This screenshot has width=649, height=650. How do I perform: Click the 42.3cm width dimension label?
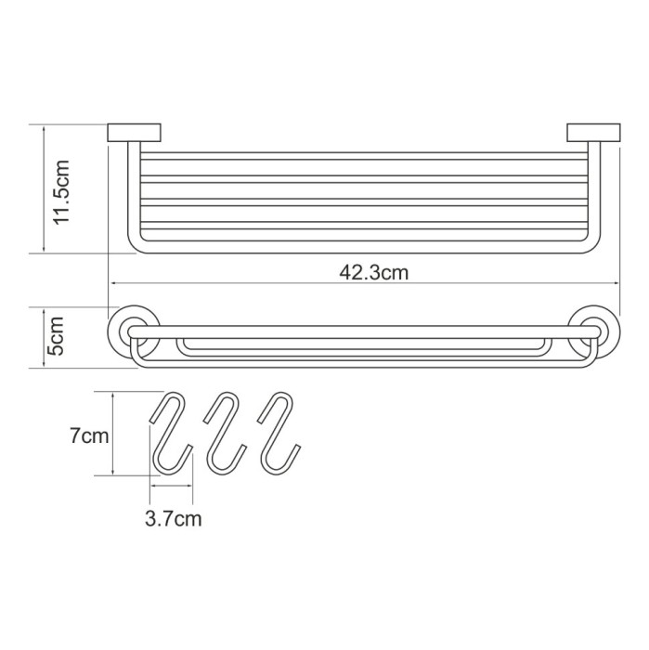click(374, 272)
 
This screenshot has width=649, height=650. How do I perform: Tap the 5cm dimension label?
click(57, 336)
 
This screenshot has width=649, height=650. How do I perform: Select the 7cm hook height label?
click(88, 435)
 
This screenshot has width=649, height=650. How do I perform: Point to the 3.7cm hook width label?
click(173, 519)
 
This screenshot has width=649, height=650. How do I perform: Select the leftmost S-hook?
click(170, 431)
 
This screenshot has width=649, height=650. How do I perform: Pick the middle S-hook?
click(223, 431)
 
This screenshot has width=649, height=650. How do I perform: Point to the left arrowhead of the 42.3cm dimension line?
click(114, 283)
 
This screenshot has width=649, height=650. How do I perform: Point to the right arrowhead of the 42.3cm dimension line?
click(615, 283)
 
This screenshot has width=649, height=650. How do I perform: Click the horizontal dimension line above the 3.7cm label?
click(171, 485)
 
